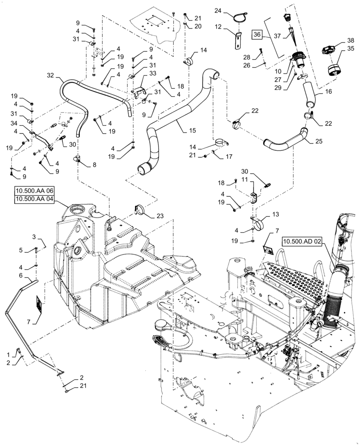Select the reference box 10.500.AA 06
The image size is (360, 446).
tap(34, 192)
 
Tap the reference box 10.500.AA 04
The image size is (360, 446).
tap(34, 199)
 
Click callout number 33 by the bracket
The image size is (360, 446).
tap(152, 73)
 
